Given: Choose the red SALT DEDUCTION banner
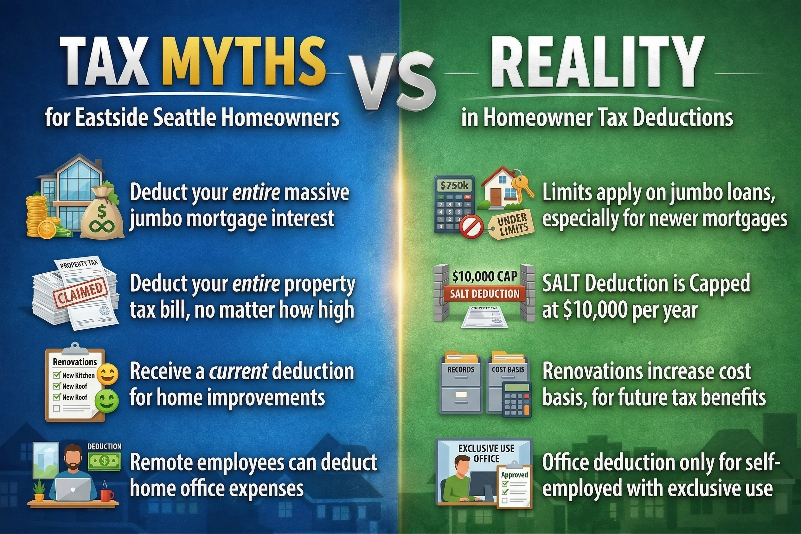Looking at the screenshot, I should [x=484, y=294].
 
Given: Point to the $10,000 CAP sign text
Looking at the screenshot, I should [x=484, y=277].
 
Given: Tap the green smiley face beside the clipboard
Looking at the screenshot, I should [x=107, y=401].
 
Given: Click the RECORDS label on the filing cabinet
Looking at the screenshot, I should [x=461, y=370].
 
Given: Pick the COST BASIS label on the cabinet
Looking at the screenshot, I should [x=508, y=370].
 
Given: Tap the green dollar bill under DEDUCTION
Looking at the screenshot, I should [x=104, y=461].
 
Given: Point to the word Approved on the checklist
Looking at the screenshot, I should [x=514, y=475].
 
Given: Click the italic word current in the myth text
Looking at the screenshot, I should [x=238, y=371].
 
